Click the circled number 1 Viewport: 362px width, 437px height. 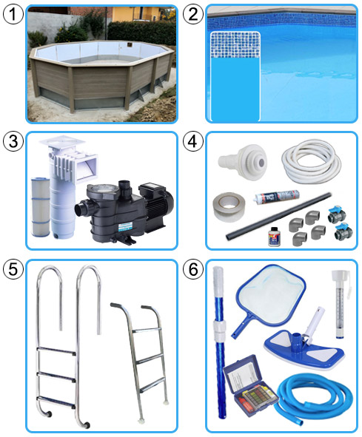[13, 14]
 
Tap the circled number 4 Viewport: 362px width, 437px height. [193, 141]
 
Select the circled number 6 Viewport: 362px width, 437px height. [193, 269]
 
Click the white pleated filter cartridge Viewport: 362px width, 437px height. [41, 206]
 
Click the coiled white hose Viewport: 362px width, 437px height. [311, 161]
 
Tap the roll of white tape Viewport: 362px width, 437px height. [229, 206]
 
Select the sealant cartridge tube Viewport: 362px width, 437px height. [276, 197]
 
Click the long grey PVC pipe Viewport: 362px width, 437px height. [279, 216]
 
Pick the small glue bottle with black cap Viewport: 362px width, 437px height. [273, 237]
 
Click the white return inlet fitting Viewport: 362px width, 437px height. [242, 162]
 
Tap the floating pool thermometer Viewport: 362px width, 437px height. [341, 303]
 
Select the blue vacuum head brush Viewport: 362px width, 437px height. [305, 344]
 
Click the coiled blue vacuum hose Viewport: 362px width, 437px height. [313, 398]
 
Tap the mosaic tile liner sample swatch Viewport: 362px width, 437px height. [235, 76]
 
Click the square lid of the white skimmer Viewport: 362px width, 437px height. [62, 142]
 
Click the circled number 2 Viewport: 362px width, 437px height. [193, 14]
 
